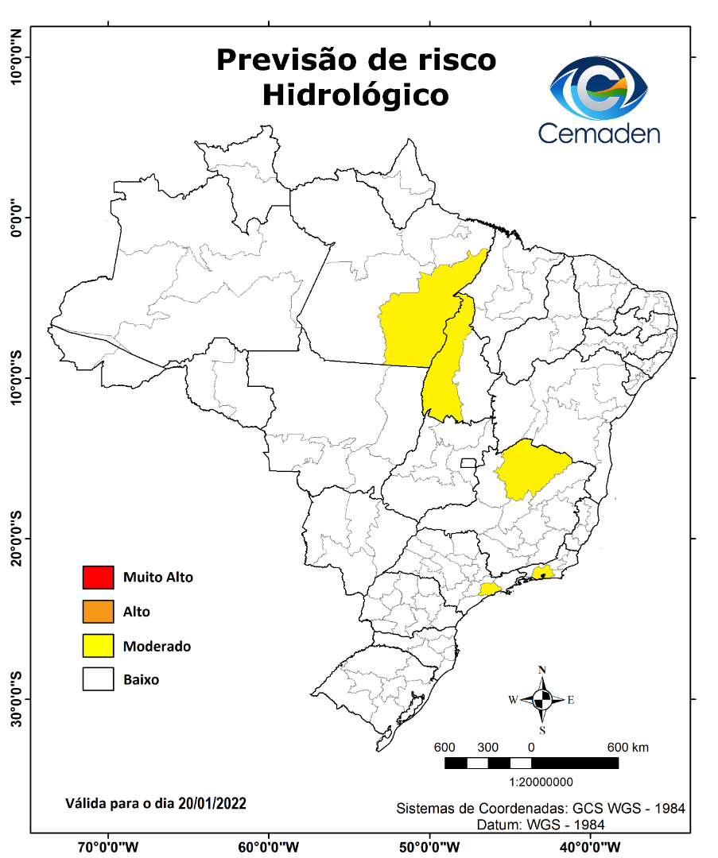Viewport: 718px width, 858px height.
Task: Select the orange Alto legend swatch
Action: (98, 612)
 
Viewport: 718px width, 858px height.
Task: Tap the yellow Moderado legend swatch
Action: (98, 646)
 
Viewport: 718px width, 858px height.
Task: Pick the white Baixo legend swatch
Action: (98, 680)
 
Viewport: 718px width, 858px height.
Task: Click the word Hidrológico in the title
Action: (355, 95)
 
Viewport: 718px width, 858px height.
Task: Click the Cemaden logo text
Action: (599, 132)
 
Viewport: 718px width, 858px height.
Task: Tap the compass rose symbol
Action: (542, 700)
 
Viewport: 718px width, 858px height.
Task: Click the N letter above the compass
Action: (542, 670)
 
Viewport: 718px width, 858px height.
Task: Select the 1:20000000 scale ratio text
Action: (530, 782)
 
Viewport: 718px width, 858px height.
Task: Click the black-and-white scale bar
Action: (531, 763)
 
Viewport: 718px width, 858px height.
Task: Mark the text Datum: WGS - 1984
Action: (541, 825)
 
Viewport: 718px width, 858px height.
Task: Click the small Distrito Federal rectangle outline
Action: (468, 462)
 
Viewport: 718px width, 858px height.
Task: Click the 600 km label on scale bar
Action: (628, 747)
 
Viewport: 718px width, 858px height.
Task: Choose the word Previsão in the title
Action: (284, 60)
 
